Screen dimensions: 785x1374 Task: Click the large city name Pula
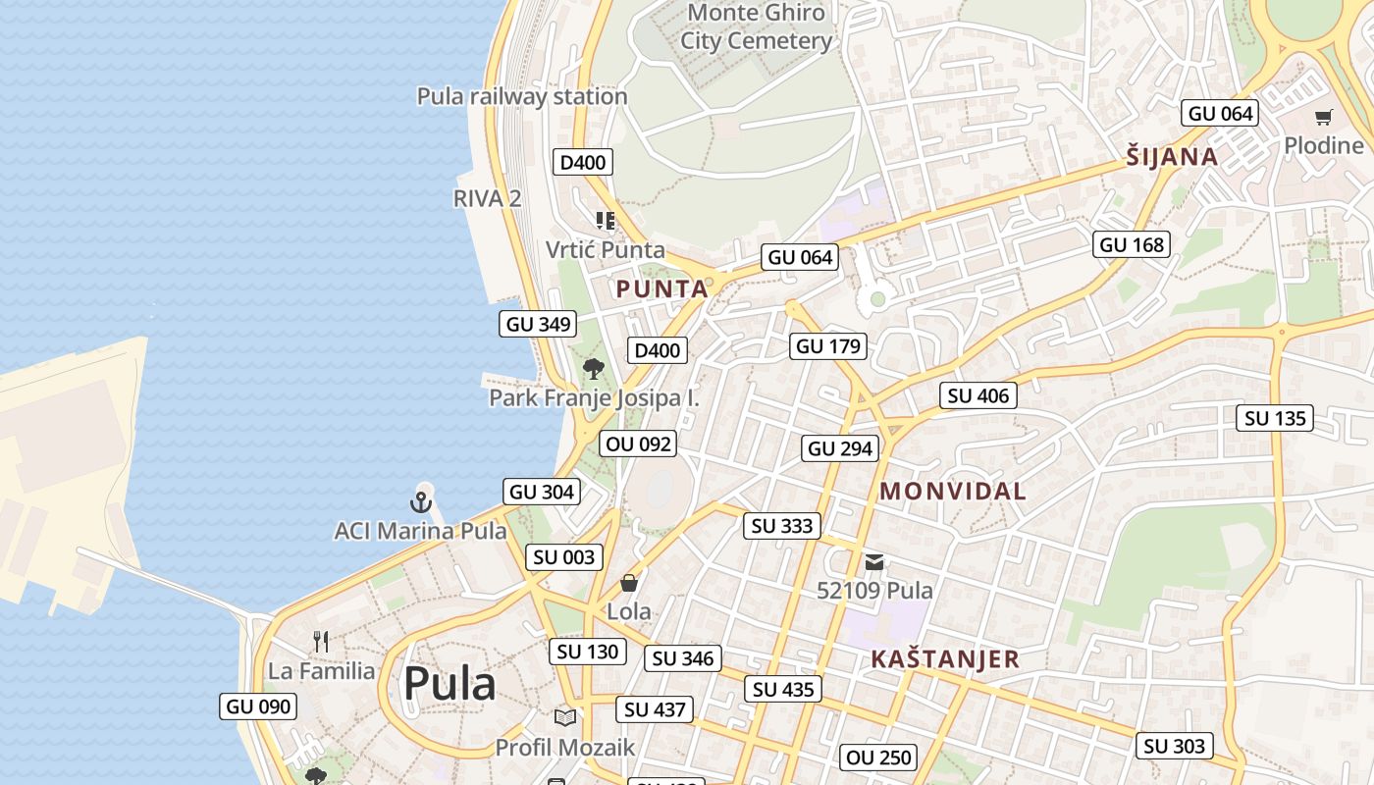(x=449, y=683)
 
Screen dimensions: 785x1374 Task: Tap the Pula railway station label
(x=522, y=96)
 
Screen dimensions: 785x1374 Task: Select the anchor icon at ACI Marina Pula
(x=421, y=502)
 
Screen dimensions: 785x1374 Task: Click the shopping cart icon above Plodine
(x=1323, y=118)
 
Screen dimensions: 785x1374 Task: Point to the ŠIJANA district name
(x=1172, y=157)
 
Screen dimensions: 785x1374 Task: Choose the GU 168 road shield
(x=1132, y=244)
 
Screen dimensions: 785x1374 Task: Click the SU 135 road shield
(x=1275, y=418)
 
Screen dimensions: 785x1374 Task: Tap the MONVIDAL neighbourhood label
(x=953, y=492)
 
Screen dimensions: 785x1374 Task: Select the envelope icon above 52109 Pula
(x=874, y=562)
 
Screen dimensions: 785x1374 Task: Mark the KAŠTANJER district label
(x=945, y=659)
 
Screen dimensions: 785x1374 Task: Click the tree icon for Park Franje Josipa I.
(x=593, y=369)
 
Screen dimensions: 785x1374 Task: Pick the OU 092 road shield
(x=639, y=444)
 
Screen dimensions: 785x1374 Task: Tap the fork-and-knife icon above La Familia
(x=321, y=642)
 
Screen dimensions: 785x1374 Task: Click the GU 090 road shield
(x=258, y=706)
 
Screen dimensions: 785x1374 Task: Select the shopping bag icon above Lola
(x=629, y=583)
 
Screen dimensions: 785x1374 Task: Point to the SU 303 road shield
(x=1174, y=746)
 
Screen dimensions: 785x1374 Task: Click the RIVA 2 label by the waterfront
(x=487, y=198)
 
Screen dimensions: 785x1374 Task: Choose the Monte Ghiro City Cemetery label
(x=757, y=26)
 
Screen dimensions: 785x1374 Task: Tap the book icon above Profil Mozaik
(x=564, y=717)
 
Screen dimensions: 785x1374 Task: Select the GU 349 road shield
(x=538, y=324)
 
